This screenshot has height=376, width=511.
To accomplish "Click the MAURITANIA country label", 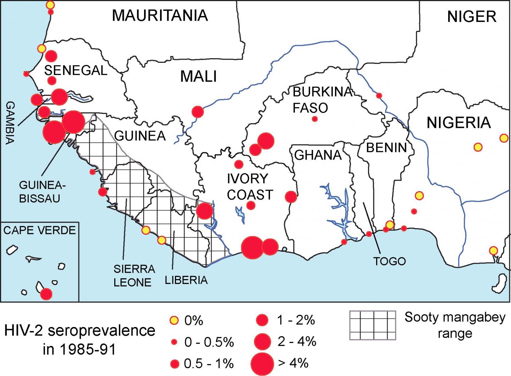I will [160, 16].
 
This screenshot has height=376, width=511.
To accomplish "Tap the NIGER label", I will [471, 17].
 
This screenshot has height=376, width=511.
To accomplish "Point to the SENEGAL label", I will [76, 71].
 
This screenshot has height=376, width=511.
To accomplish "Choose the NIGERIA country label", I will [458, 123].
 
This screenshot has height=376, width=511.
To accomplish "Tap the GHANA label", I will [318, 155].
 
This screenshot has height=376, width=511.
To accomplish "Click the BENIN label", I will [386, 147].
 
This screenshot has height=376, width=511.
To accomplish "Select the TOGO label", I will [389, 261].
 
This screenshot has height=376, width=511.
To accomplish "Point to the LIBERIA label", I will [186, 280].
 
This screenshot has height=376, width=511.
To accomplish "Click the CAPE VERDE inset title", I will [39, 230].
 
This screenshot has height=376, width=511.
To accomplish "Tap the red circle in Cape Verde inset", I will [46, 294].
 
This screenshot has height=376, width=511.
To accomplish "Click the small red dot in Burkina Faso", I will [314, 119].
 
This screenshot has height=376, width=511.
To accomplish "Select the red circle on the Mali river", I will [198, 112].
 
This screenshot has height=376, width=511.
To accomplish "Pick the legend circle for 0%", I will [174, 321].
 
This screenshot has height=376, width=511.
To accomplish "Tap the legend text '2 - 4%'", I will [297, 342].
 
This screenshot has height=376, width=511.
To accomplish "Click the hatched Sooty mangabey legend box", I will [372, 325].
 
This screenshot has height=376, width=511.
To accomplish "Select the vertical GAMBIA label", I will [10, 122].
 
